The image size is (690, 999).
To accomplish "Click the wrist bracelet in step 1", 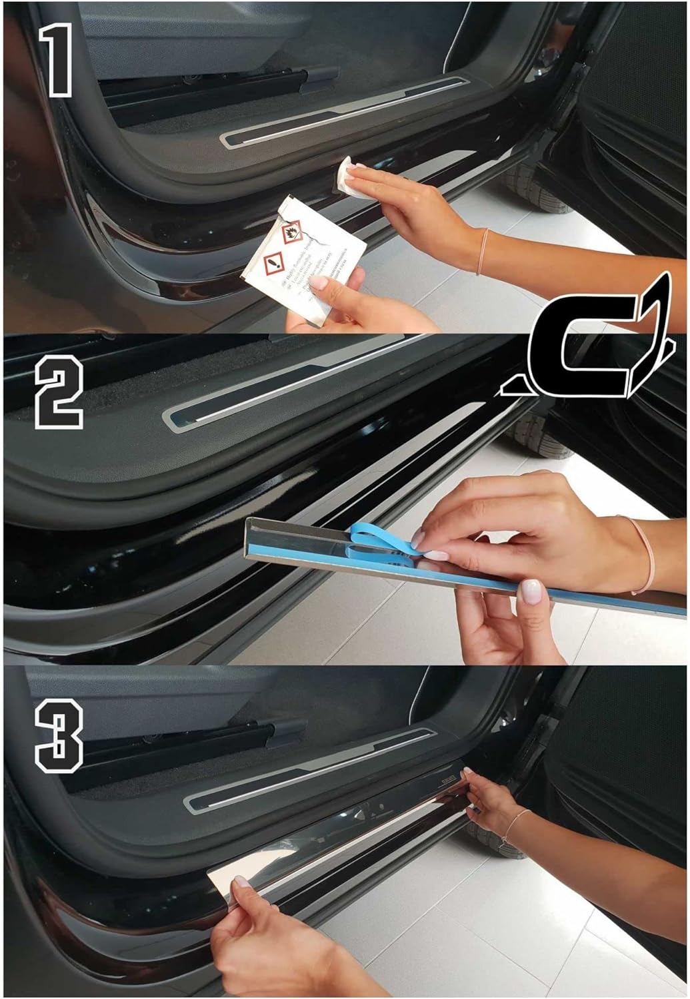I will tap(481, 251).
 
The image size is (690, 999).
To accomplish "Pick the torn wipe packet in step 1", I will tap(303, 256).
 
